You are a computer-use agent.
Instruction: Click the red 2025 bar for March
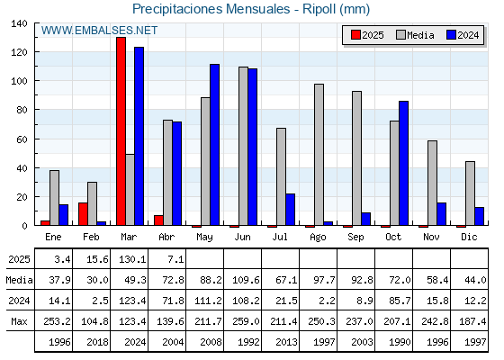[x=121, y=131]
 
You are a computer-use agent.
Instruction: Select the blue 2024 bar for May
[x=215, y=145]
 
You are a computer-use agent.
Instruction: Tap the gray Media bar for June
[x=243, y=146]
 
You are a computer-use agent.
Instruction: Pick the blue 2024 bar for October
[x=404, y=163]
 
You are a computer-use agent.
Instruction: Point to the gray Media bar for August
[x=319, y=155]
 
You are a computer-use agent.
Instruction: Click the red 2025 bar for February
[x=83, y=214]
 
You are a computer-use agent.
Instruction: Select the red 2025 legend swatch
[x=355, y=35]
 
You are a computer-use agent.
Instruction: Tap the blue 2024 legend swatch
[x=451, y=35]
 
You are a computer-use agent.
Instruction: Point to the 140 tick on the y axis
[x=19, y=23]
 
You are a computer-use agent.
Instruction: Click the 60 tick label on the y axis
[x=22, y=139]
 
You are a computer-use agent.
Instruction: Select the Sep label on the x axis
[x=355, y=238]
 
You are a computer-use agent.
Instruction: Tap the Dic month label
[x=469, y=237]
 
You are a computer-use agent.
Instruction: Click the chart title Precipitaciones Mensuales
[x=211, y=9]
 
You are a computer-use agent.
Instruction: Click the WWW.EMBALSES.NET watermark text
[x=99, y=31]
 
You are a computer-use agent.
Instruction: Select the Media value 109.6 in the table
[x=246, y=280]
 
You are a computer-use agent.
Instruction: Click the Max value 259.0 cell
[x=246, y=321]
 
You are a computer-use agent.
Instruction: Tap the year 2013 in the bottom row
[x=286, y=342]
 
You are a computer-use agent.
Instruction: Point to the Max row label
[x=19, y=321]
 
